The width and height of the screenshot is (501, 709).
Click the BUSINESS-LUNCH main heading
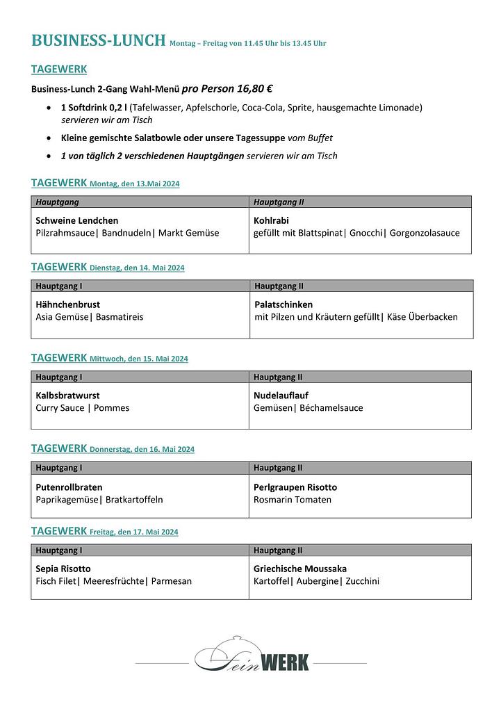tap(98, 40)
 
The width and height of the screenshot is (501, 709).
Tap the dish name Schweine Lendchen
tap(76, 221)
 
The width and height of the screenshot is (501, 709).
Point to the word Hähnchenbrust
tap(67, 304)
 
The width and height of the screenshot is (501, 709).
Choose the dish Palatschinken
tap(284, 304)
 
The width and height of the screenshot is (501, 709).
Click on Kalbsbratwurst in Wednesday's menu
tap(67, 396)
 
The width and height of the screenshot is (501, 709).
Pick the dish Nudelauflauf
tap(281, 396)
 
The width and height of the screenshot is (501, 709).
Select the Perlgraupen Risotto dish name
tap(295, 487)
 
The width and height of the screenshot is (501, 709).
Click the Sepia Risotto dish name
tap(63, 569)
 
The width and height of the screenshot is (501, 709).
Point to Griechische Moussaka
tap(299, 569)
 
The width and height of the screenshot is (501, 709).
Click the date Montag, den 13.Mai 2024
tap(135, 184)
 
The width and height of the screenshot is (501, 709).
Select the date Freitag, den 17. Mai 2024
tap(133, 532)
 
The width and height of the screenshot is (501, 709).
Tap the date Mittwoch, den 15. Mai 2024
tap(139, 359)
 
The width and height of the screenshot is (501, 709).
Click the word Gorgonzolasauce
tap(425, 233)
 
